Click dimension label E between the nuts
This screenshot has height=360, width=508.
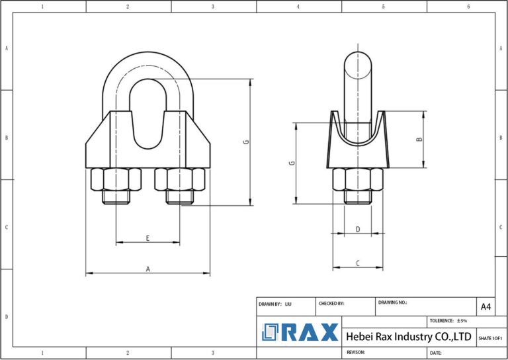pos(148,238)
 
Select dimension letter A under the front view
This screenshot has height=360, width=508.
pos(148,269)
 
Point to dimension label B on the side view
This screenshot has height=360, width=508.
pos(419,140)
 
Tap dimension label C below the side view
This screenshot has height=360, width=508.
pos(358,263)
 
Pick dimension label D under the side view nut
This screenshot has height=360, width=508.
pos(358,229)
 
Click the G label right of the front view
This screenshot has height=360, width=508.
pos(246,142)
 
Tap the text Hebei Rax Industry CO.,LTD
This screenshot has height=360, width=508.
pos(409,337)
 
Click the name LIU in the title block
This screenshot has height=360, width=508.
pos(288,304)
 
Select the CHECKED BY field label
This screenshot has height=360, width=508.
pos(331,304)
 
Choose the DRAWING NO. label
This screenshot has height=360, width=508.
pos(392,302)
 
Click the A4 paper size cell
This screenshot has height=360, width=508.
pos(486,306)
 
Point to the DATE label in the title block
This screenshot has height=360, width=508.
pos(436,353)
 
